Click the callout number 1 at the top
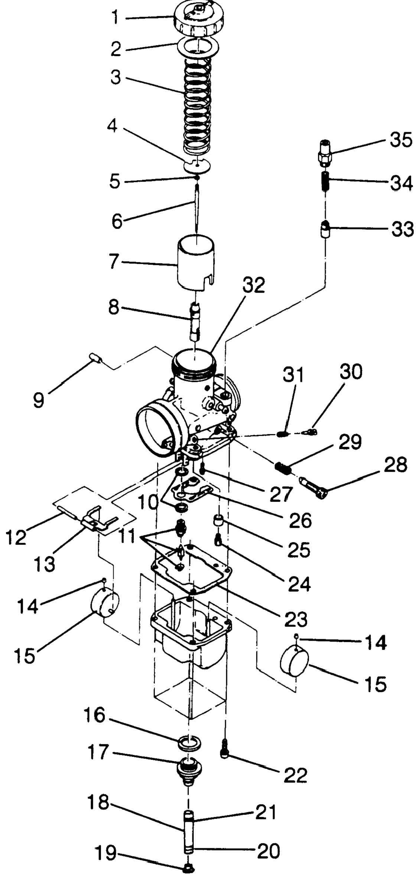[116, 17]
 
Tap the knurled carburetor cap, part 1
[200, 17]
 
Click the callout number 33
[402, 229]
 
